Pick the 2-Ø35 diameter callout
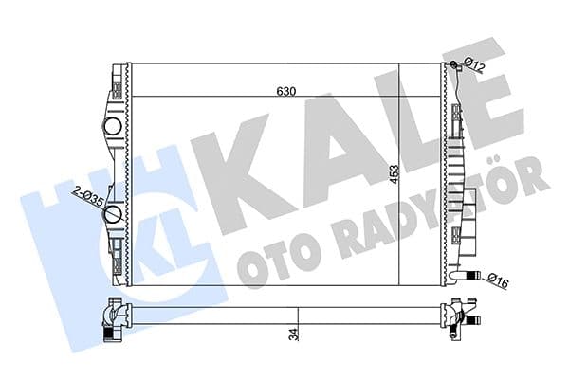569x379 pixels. tap(87, 197)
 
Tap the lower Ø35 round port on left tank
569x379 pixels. tap(112, 215)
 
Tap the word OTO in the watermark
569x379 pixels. tap(270, 264)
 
